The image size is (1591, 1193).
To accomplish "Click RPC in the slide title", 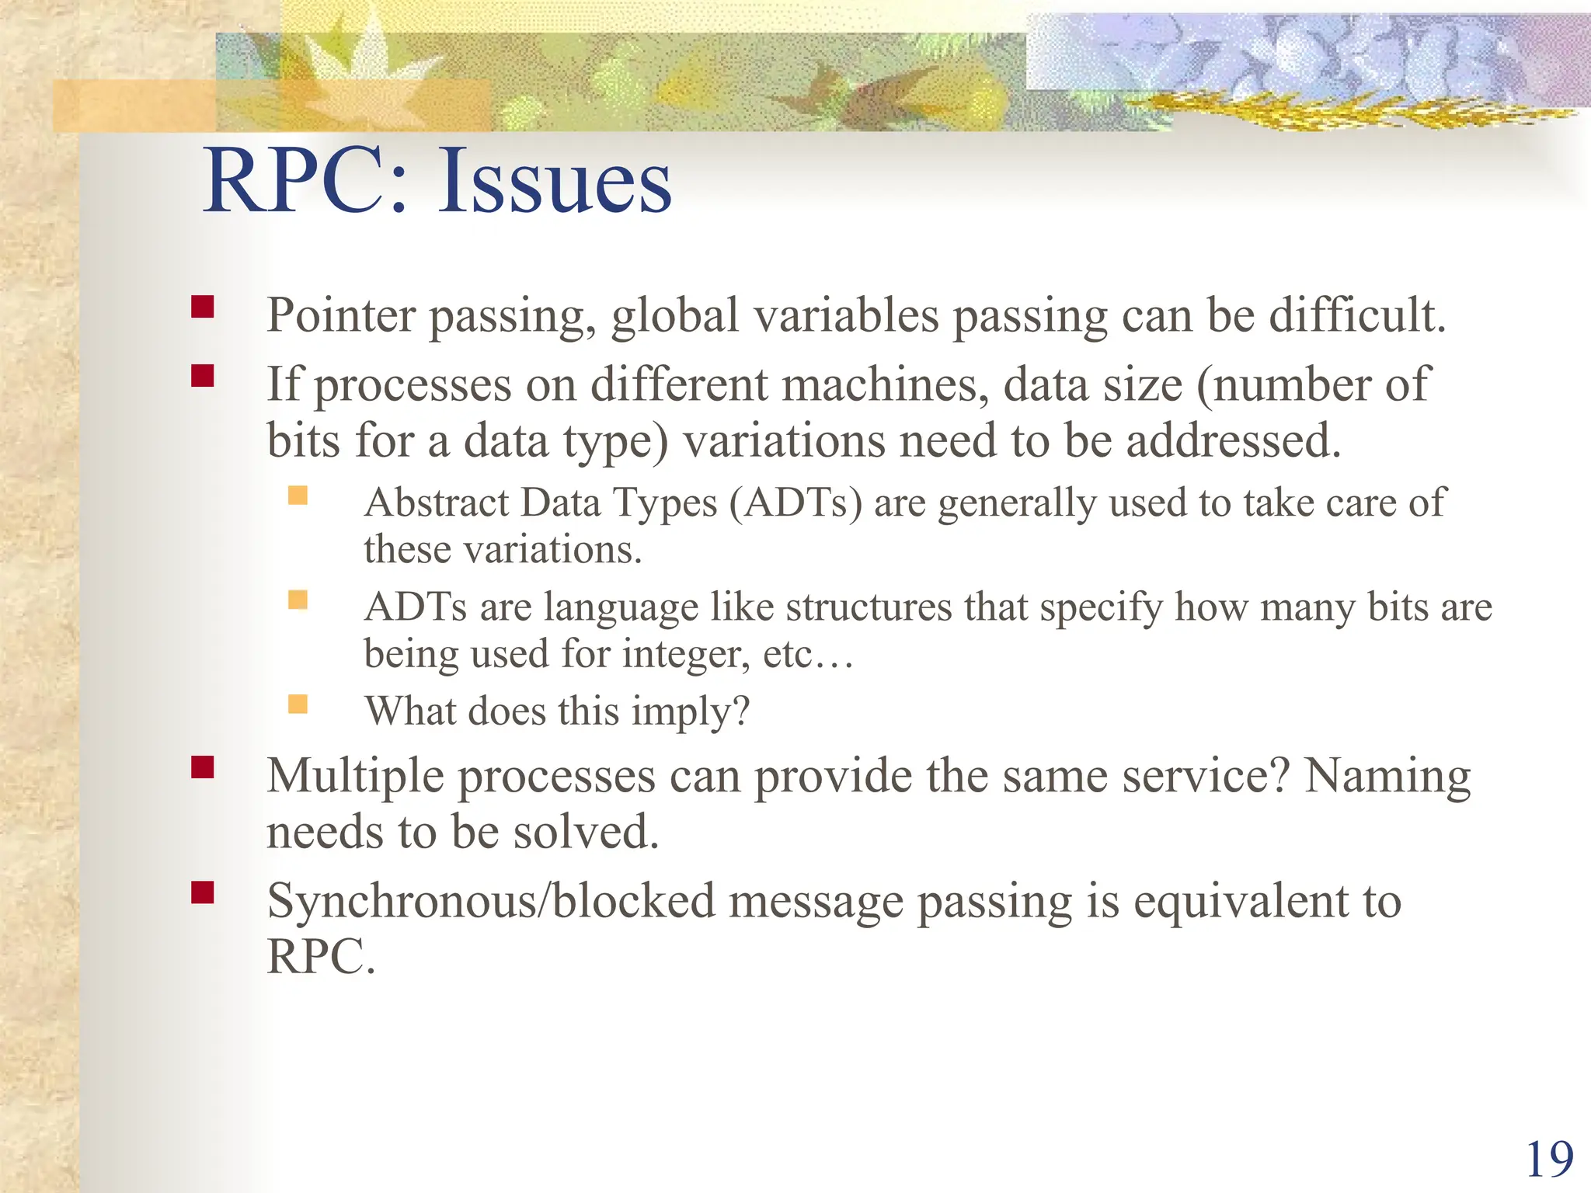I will click(x=295, y=183).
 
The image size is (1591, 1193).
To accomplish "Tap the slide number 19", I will click(x=1549, y=1160).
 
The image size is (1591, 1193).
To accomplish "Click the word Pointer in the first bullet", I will click(x=341, y=316).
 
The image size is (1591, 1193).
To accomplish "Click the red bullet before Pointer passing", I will click(x=203, y=307).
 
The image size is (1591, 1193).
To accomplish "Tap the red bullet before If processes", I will click(x=203, y=376).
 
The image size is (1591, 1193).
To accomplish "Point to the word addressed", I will click(x=1234, y=441).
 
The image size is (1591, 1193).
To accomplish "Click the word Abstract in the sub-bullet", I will click(x=437, y=503).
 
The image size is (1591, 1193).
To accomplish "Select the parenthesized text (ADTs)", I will click(x=795, y=503).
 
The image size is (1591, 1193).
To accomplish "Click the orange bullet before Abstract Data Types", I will click(x=298, y=495).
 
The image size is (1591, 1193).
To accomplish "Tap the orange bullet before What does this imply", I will click(x=298, y=704).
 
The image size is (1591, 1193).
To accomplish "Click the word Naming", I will click(x=1387, y=776).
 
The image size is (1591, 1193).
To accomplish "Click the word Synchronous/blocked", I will click(x=491, y=902).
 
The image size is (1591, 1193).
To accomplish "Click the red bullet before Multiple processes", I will click(x=203, y=767).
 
